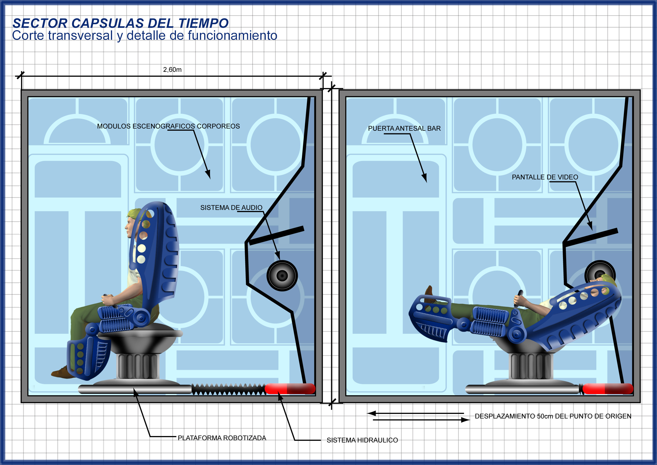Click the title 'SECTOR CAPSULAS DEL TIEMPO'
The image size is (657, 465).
point(121,23)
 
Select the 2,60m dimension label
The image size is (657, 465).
point(172,69)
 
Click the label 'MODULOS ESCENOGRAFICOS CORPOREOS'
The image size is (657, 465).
point(168,126)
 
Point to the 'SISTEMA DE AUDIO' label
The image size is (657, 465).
point(231,208)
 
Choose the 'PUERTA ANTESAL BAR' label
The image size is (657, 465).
point(404,129)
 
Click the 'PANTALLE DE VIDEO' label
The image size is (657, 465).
point(545,177)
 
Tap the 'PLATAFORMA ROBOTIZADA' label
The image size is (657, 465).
point(222,438)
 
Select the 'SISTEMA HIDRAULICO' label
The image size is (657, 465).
point(362,440)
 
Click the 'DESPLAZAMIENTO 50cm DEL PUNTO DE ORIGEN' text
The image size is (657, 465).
point(553,416)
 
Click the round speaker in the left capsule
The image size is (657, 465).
point(282,276)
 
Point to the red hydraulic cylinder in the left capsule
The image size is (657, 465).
point(290,389)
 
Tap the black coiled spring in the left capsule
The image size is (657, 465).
point(228,389)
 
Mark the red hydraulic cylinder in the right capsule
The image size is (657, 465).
point(607,389)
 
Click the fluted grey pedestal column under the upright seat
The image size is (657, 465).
point(138,366)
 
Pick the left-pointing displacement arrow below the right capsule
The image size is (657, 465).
point(415,413)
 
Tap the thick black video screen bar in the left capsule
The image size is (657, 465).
point(277,235)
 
